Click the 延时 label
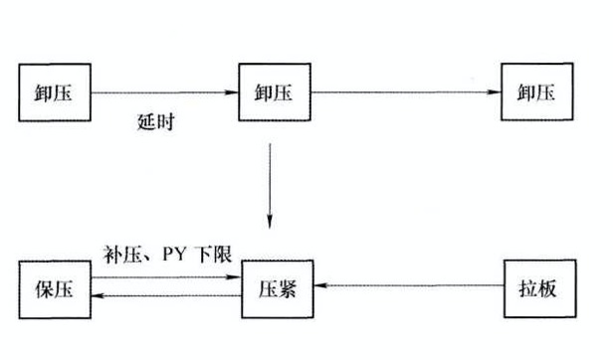pos(159,126)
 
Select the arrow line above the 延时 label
pos(164,93)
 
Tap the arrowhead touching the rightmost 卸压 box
pos(496,93)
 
